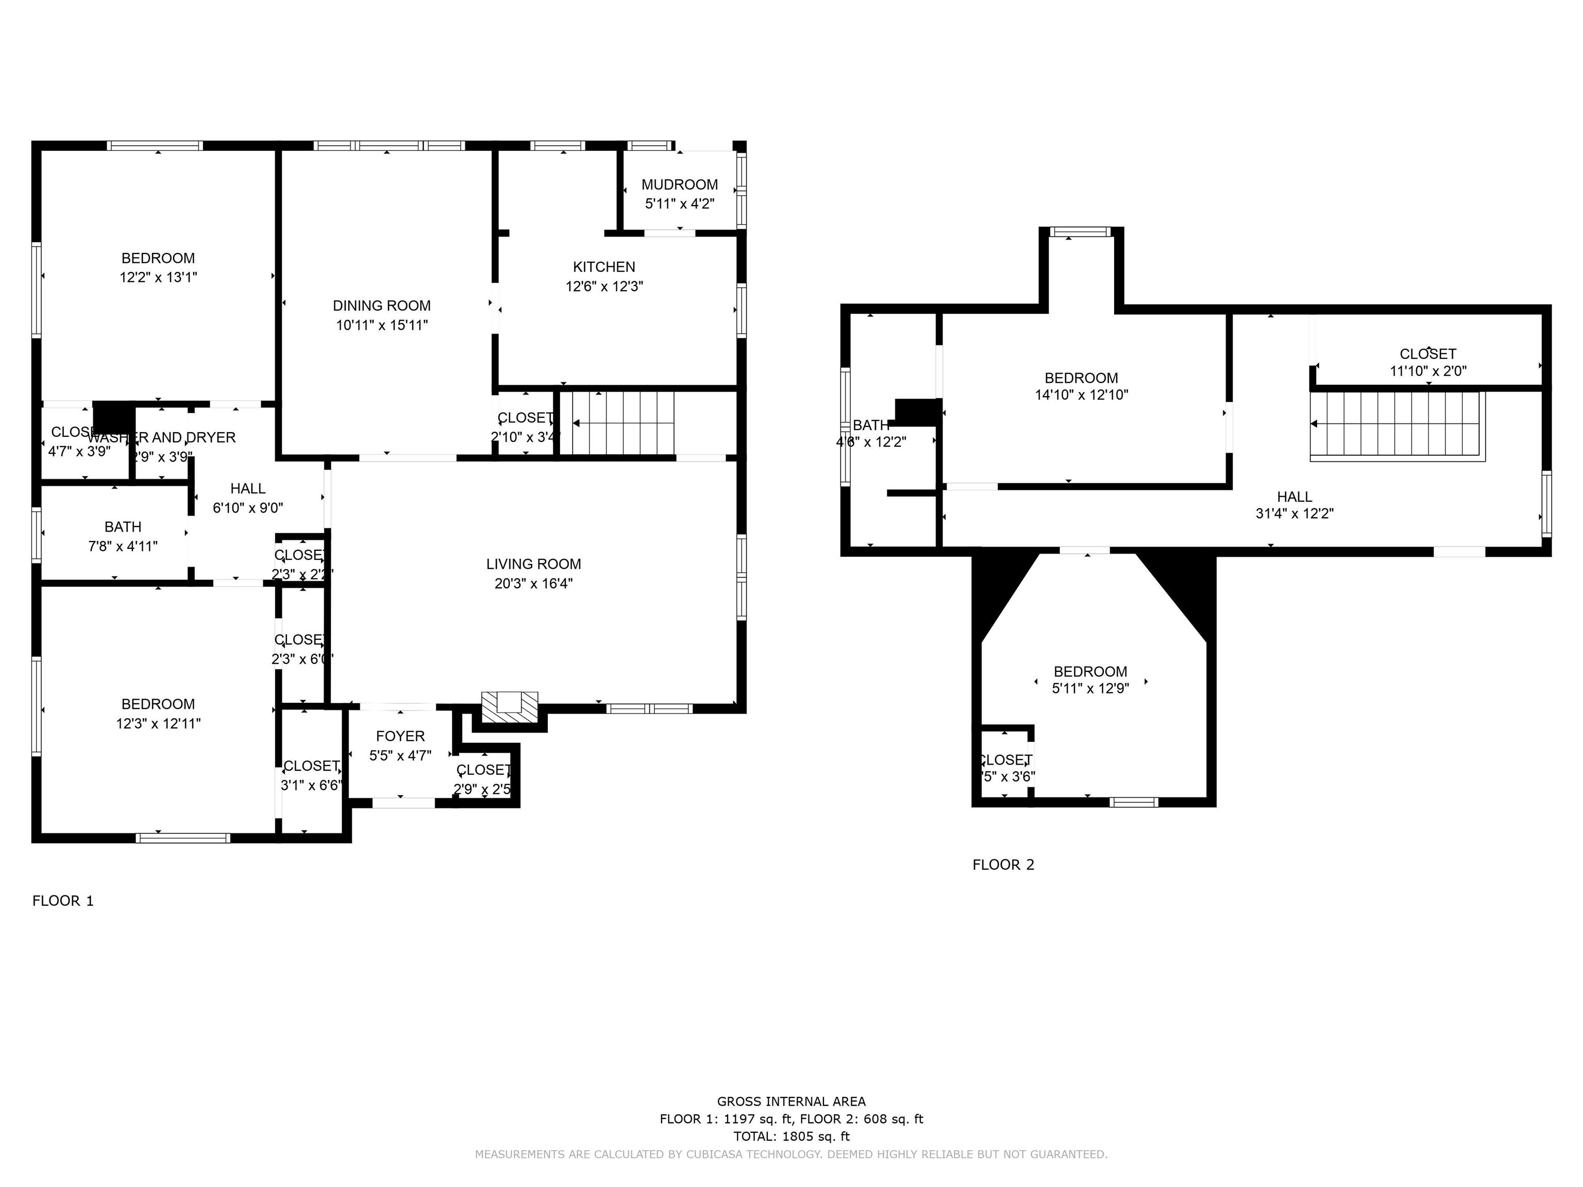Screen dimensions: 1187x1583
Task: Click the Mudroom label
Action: click(x=679, y=184)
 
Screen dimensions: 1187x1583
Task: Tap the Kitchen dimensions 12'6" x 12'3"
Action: click(x=604, y=286)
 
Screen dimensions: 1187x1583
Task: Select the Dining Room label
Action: click(x=381, y=306)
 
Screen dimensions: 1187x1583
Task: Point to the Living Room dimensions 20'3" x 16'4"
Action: click(x=533, y=583)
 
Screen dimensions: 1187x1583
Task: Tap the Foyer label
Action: click(x=400, y=736)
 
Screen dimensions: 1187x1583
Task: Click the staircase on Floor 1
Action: click(x=622, y=423)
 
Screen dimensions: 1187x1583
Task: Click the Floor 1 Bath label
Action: click(x=122, y=527)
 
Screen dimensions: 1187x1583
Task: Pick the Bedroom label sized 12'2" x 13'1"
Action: click(x=158, y=258)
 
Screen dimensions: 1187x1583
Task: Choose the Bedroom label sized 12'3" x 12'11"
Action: click(x=158, y=704)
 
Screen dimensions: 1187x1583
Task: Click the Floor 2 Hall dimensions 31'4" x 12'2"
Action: click(x=1294, y=513)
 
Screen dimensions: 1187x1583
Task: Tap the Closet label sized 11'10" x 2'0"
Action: click(x=1427, y=353)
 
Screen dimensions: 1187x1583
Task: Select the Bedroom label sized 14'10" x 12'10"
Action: click(x=1081, y=378)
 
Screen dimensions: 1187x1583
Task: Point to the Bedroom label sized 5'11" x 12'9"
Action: click(x=1090, y=671)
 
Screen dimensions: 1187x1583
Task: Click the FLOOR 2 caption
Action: click(x=1003, y=865)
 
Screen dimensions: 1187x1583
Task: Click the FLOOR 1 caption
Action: click(x=63, y=901)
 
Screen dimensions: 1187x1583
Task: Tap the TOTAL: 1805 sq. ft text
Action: click(x=791, y=1136)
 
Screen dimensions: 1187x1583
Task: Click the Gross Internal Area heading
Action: click(x=791, y=1102)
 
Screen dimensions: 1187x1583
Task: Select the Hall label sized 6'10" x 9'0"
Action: click(x=248, y=489)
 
